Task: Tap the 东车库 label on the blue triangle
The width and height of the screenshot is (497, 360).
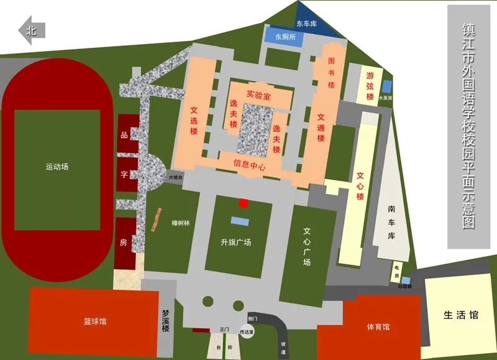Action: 306,24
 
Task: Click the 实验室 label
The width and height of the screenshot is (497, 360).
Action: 258,95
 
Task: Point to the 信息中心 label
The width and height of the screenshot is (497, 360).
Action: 249,166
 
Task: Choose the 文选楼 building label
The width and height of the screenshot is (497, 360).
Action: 194,121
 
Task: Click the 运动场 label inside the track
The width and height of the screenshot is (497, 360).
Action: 57,167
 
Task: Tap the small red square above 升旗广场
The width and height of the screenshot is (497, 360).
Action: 244,203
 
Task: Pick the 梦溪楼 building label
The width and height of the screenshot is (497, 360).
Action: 166,321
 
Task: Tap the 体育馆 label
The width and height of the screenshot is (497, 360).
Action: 378,326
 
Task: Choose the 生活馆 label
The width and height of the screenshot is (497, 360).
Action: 461,315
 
